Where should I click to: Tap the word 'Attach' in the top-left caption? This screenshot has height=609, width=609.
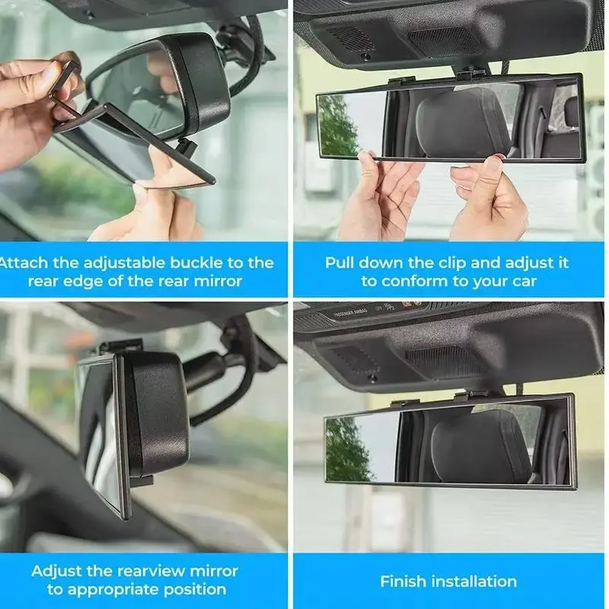pos(24,263)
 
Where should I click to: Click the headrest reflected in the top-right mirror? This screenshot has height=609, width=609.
pos(462,123)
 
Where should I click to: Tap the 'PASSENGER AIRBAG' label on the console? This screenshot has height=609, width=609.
pos(349,313)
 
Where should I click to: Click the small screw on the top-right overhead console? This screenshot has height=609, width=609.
pos(365,56)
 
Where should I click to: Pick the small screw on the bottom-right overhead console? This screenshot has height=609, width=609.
pos(371,378)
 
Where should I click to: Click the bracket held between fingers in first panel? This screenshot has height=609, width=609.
pos(65,89)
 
